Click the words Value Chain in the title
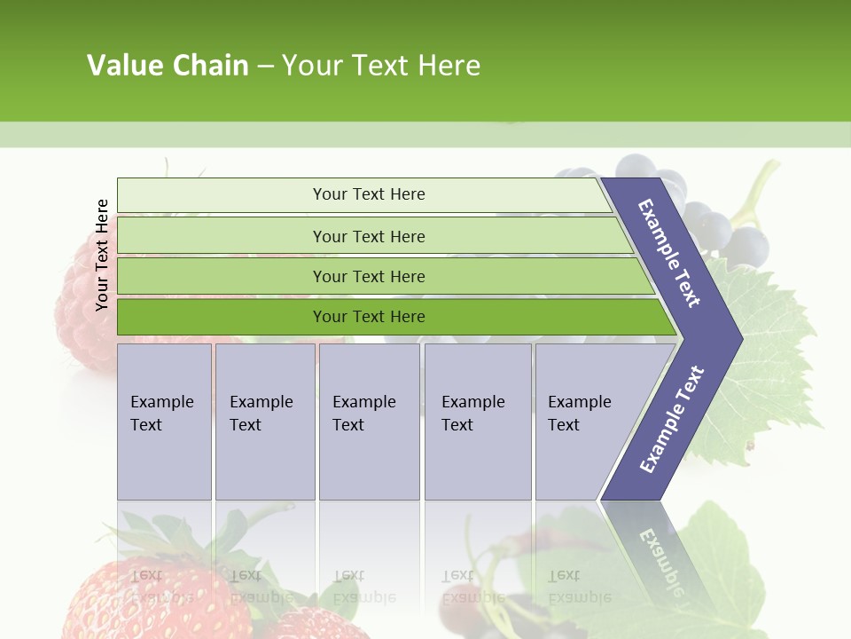[168, 66]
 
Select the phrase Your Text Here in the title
[381, 66]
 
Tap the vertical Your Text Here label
[102, 255]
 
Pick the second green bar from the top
[368, 236]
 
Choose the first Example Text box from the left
[164, 422]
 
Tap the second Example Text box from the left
[264, 422]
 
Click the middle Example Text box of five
[369, 422]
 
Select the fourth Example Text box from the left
[478, 422]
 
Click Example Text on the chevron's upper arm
[669, 252]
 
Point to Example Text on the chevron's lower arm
[671, 419]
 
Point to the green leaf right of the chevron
[771, 373]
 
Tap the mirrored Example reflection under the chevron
[660, 556]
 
